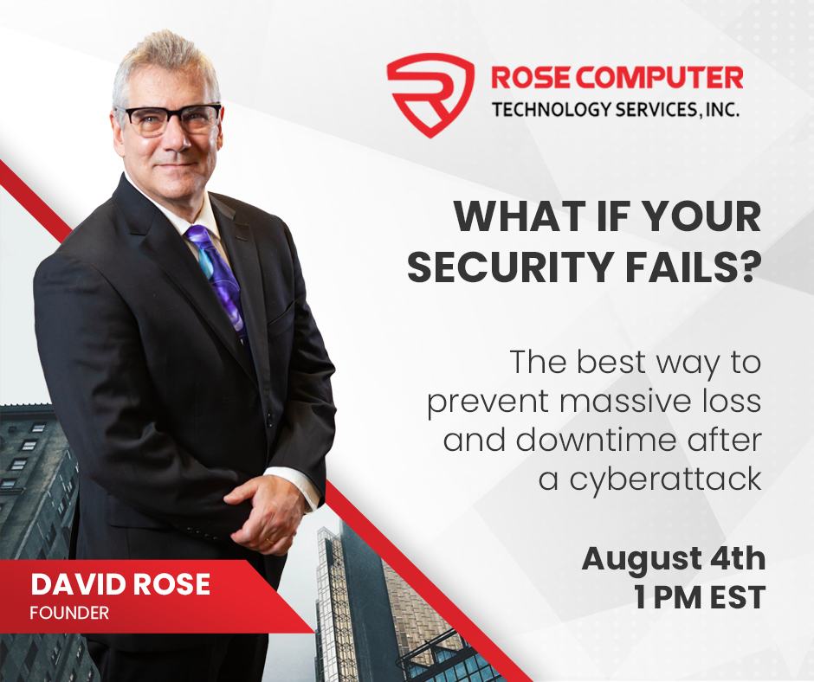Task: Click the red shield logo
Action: tap(430, 95)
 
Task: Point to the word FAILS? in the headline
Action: tap(693, 267)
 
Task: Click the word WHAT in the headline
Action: tap(520, 216)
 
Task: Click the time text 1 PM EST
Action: tap(700, 597)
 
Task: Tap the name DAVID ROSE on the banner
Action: tap(120, 584)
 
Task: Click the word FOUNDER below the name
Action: tap(69, 613)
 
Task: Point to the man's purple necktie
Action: tap(218, 280)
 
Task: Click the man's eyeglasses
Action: tap(169, 119)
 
